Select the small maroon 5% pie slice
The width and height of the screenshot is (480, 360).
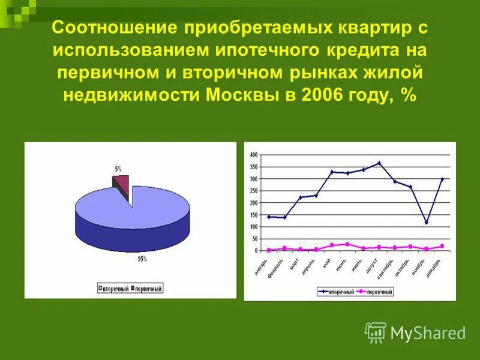coord(122,183)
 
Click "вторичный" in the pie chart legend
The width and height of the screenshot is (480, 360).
coord(115,289)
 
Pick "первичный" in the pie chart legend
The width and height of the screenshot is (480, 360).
coord(148,289)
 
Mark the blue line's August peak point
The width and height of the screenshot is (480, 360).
coord(379,163)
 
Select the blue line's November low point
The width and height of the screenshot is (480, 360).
coord(427,223)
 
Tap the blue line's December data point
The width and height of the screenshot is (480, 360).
coord(442,179)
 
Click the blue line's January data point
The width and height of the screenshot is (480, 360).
coord(269,217)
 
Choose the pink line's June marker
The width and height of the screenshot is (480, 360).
coord(347,244)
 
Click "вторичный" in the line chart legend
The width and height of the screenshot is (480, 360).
coord(339,292)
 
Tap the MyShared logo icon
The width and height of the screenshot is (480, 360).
coord(376,332)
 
